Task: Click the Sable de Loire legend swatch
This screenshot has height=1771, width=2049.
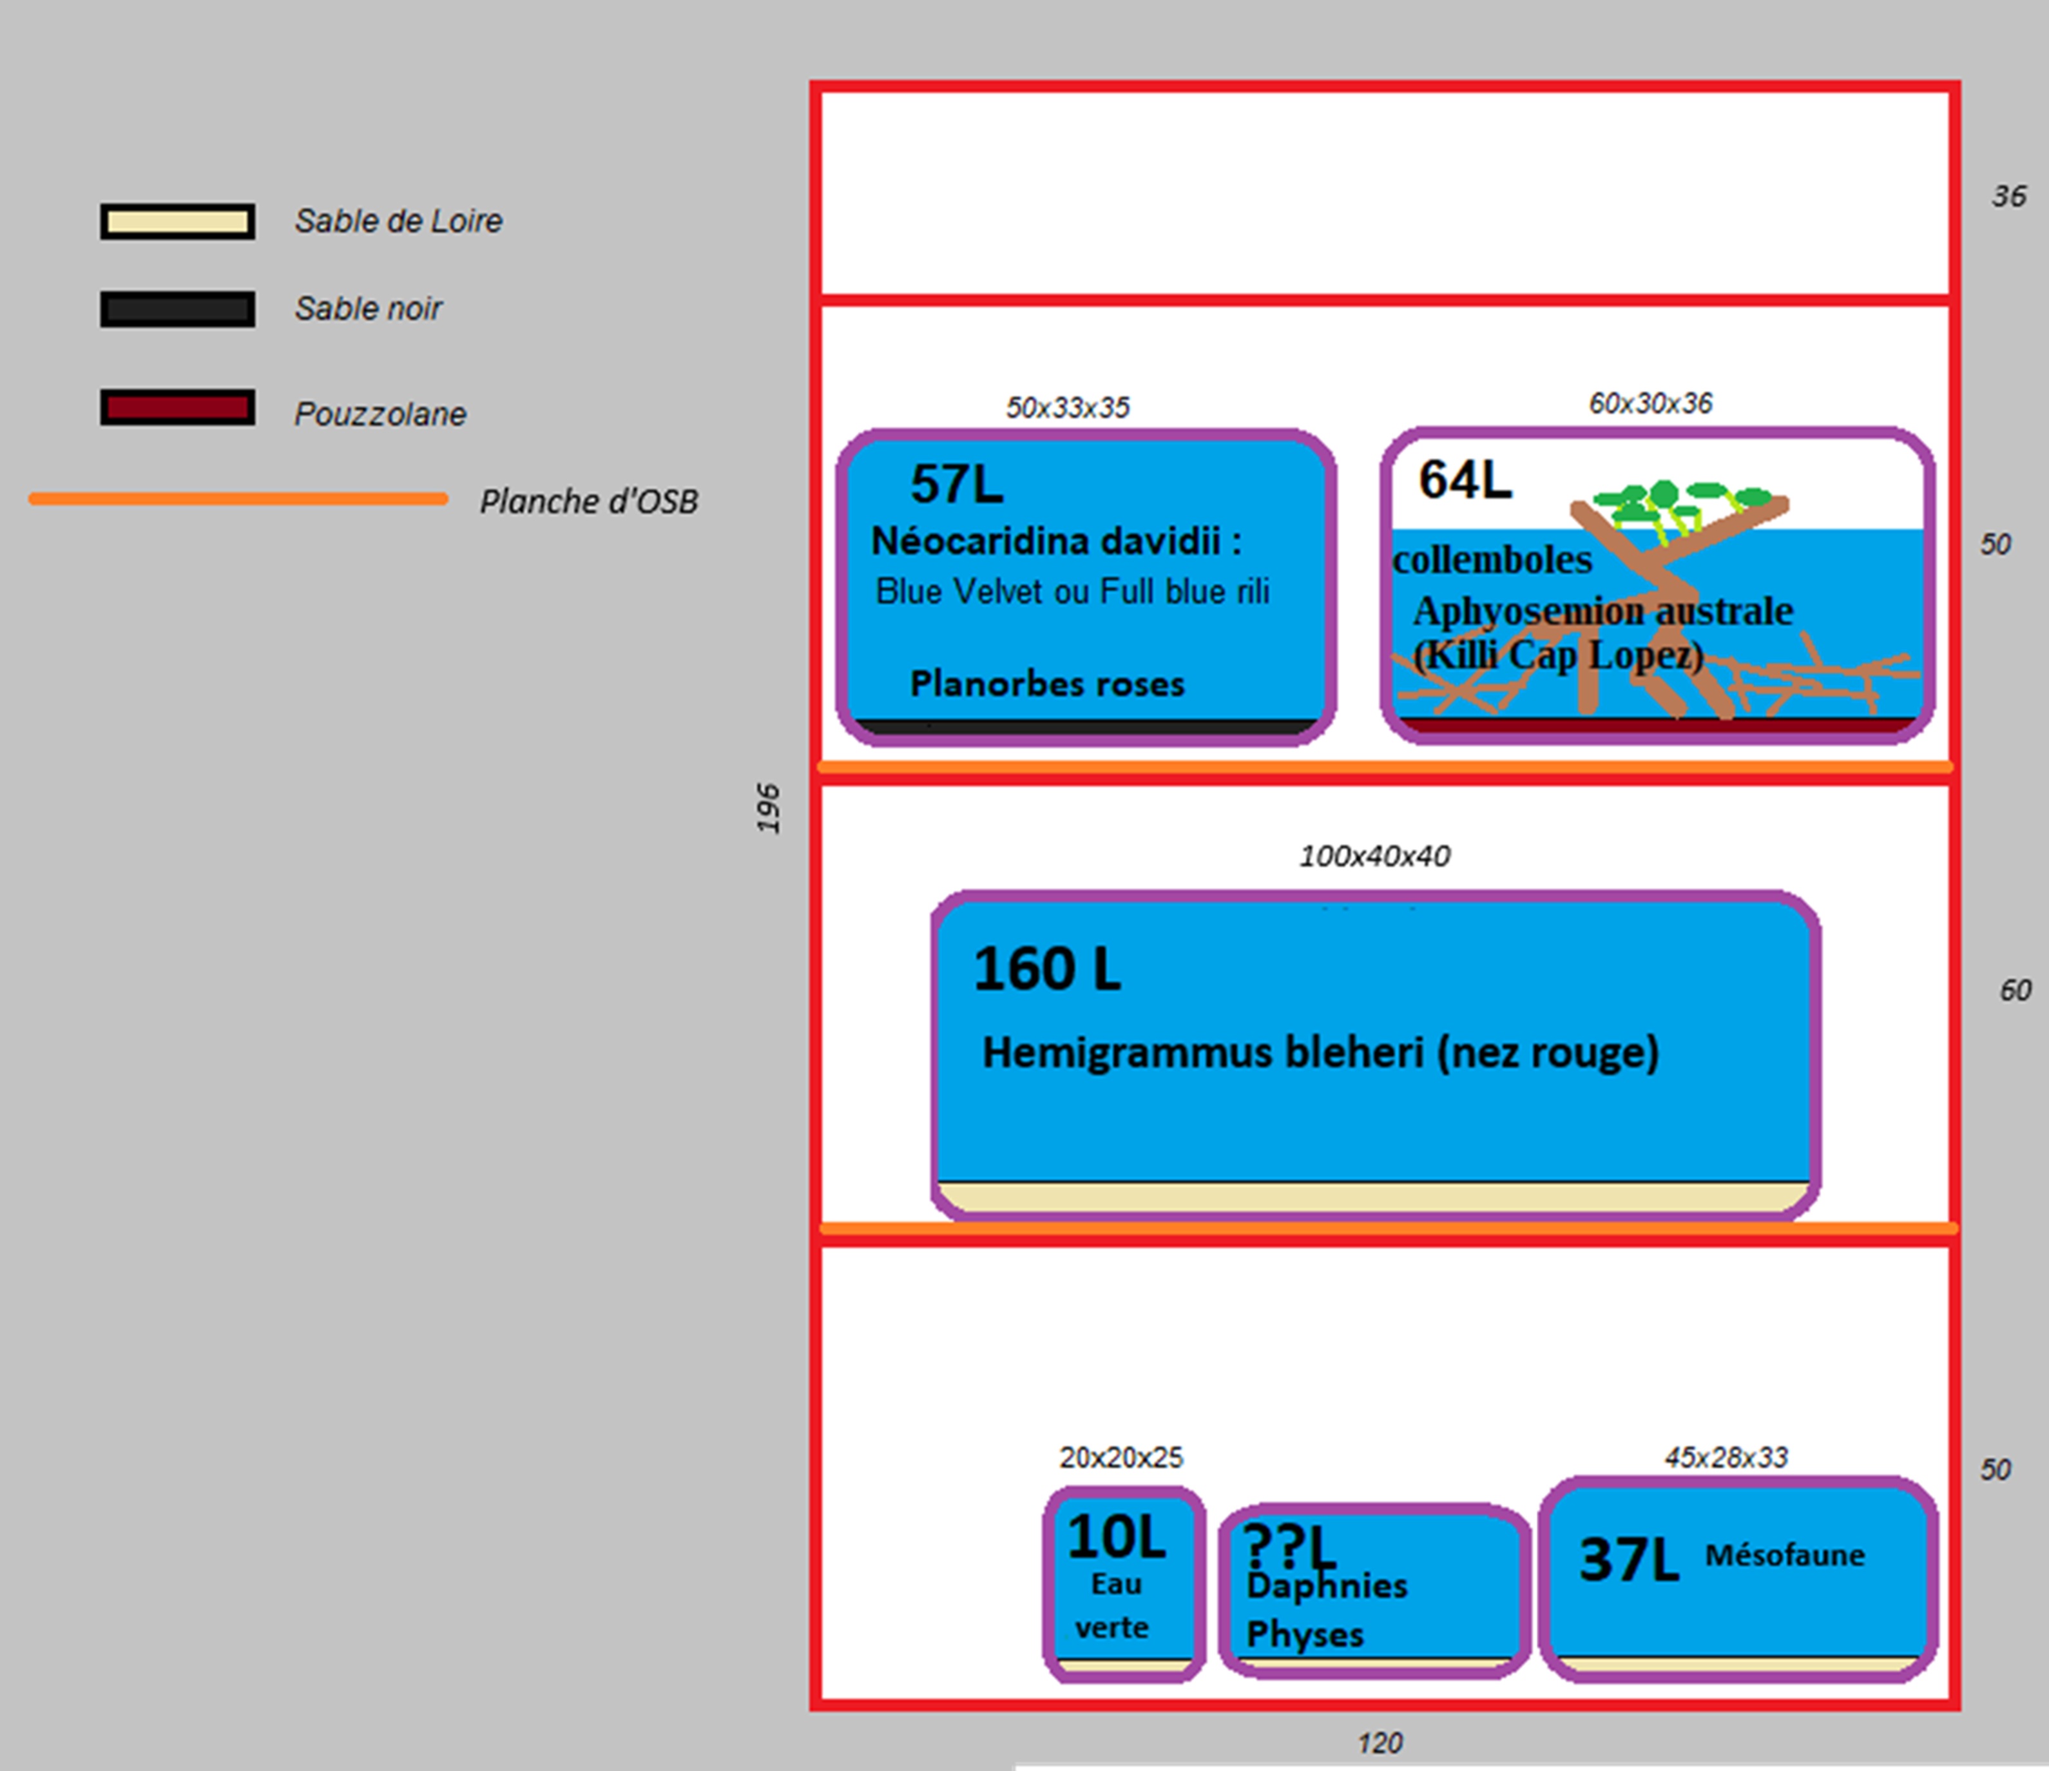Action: coord(177,222)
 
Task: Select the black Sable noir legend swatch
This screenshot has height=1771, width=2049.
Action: coord(177,309)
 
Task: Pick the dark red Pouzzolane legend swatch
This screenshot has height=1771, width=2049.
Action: coord(177,407)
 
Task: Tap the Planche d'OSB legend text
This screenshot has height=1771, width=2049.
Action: coord(588,501)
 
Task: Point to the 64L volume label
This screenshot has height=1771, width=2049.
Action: coord(1465,479)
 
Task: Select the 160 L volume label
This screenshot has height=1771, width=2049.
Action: coord(1046,969)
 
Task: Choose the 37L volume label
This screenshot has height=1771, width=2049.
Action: coord(1628,1560)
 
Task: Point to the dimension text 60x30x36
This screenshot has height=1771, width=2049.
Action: coord(1650,403)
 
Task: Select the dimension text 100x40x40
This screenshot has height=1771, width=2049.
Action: coord(1374,856)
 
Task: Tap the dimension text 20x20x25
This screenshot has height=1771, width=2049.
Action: coord(1121,1458)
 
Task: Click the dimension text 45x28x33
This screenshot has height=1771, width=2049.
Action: coord(1726,1458)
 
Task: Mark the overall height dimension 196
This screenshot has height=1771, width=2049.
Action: coord(768,808)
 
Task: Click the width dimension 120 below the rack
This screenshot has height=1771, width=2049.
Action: coord(1380,1743)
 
